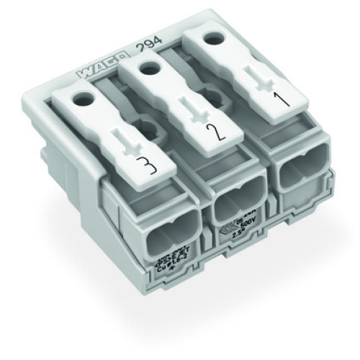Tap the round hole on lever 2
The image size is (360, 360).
coord(150,68)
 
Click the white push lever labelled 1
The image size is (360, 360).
coord(238,72)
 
